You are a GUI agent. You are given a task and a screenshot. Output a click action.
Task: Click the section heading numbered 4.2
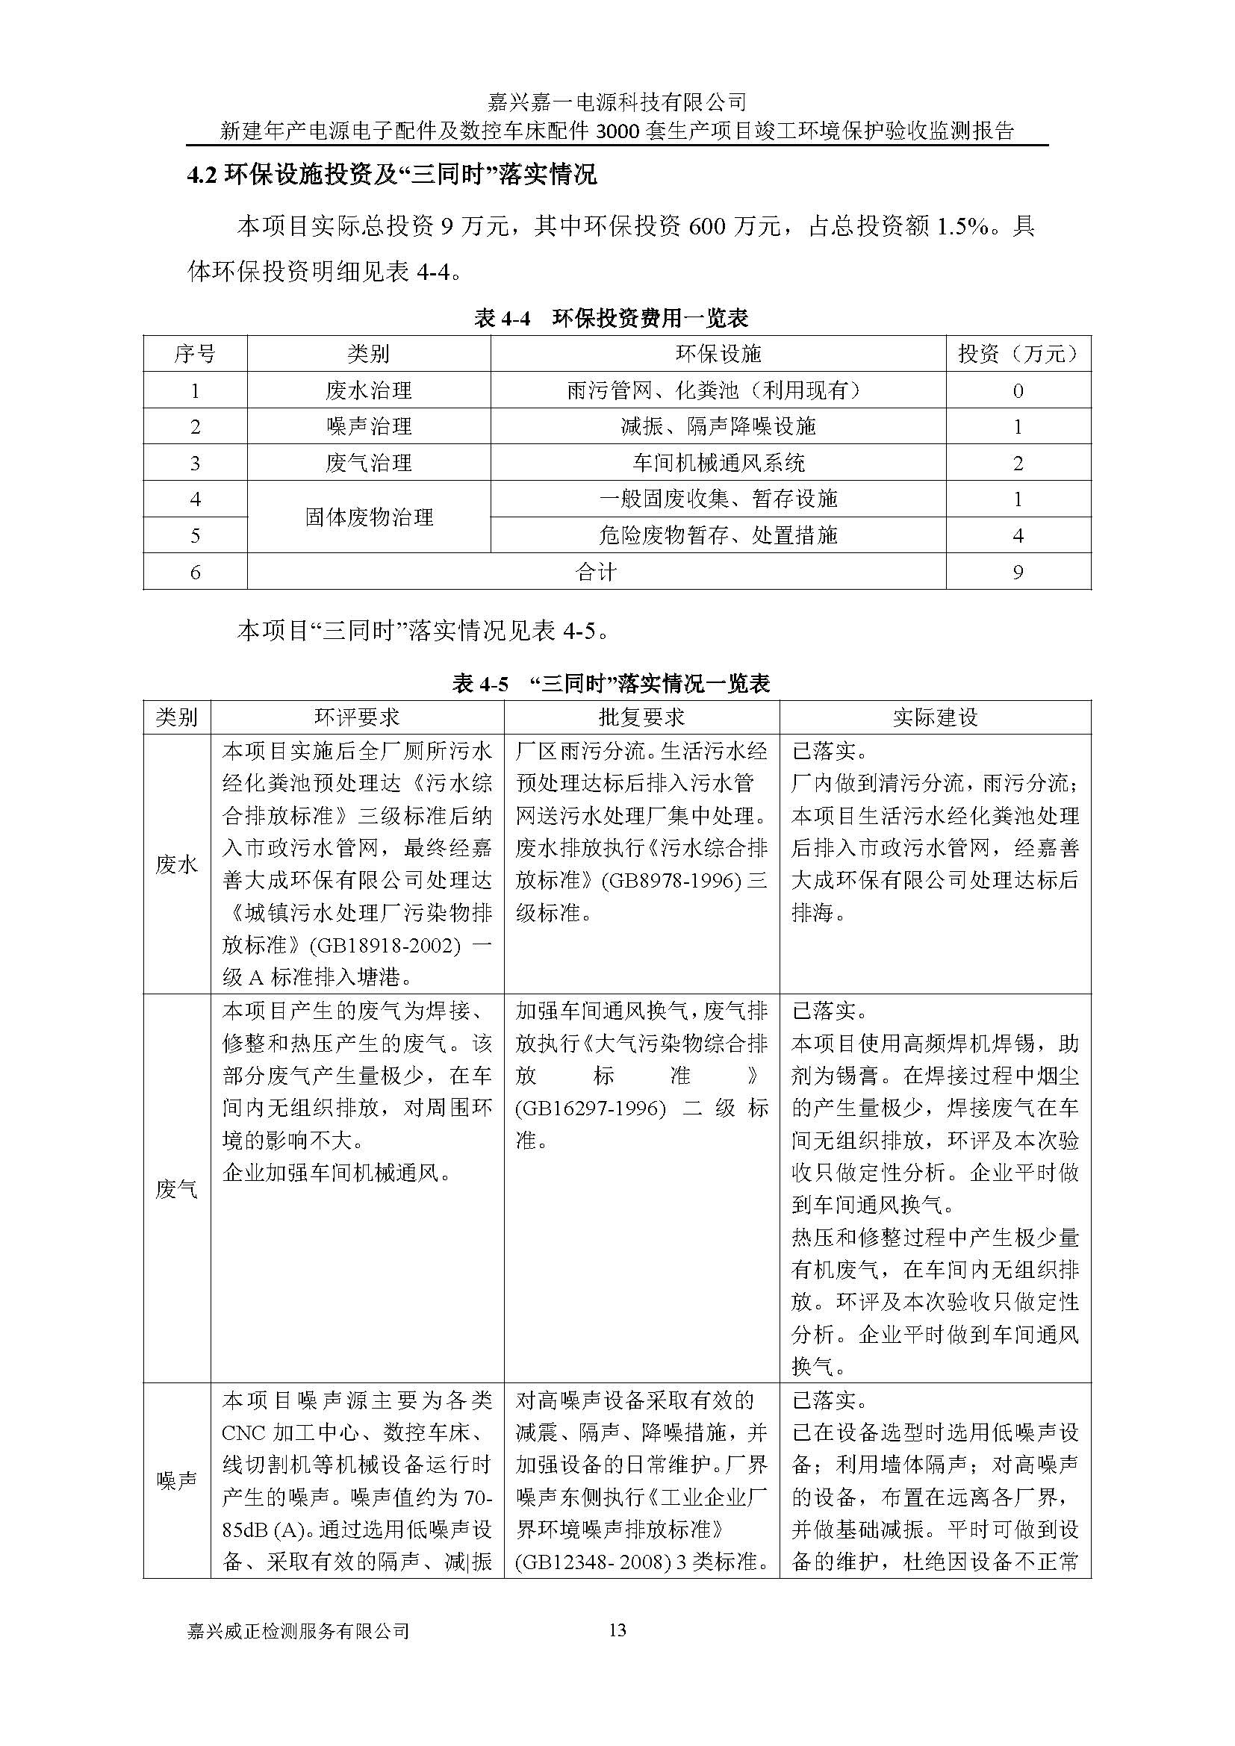pos(392,175)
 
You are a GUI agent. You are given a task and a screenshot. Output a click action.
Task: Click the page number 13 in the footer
pos(617,1630)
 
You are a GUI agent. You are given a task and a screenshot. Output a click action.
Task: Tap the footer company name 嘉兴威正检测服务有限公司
pos(298,1630)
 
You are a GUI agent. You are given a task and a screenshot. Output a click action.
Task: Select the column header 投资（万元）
pos(1018,354)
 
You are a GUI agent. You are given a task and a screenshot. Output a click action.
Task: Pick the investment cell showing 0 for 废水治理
pos(1018,391)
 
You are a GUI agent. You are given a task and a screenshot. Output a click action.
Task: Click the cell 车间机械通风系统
pos(718,462)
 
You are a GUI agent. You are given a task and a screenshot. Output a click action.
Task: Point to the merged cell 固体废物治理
pos(369,517)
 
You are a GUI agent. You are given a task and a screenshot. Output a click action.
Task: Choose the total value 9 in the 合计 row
pos(1018,572)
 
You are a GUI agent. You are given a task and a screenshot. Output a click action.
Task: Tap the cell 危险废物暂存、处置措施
pos(718,535)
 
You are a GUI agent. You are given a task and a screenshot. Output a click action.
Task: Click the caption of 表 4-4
pos(612,318)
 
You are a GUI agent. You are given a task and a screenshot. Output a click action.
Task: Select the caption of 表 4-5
pos(612,684)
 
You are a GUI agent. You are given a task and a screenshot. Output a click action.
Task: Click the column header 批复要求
pos(641,717)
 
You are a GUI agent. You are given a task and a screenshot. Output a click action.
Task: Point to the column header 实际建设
pos(935,717)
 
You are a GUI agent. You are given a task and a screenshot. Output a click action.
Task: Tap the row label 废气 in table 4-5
pos(176,1188)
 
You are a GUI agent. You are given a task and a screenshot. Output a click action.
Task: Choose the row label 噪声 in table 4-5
pos(176,1480)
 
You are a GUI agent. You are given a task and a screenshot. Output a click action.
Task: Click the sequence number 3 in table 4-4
pos(196,462)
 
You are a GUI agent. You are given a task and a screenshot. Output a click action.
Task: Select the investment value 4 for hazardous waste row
pos(1018,535)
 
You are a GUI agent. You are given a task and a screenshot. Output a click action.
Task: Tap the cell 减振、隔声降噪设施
pos(718,427)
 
